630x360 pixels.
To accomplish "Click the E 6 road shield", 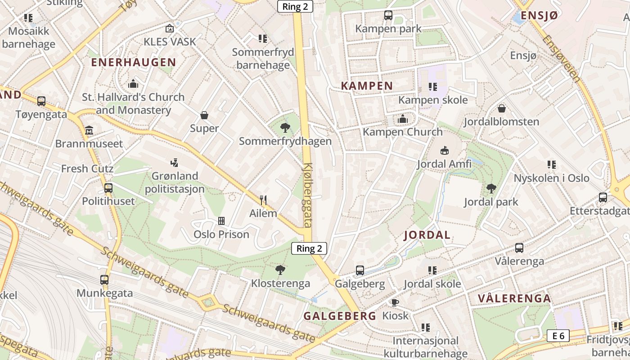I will tap(558, 336).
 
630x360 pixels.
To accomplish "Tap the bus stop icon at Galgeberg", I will tap(360, 270).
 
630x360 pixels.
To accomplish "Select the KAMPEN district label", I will tap(367, 85).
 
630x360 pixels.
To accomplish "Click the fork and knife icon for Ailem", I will tap(263, 200).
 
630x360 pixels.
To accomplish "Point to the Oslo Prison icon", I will tap(221, 221).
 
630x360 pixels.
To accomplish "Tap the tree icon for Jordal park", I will tap(491, 189).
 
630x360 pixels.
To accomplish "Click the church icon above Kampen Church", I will tap(402, 119).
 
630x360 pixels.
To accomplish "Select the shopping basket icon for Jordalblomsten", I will tap(501, 108).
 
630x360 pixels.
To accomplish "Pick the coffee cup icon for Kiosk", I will tap(395, 302).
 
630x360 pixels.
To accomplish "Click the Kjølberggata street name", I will tap(308, 195).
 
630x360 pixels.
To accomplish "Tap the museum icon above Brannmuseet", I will tap(89, 130).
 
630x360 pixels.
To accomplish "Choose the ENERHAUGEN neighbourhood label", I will tap(133, 63).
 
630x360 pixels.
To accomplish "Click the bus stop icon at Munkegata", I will tap(104, 280).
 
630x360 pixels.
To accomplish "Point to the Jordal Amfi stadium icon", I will tap(444, 150).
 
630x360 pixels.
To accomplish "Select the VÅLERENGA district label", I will tap(514, 298).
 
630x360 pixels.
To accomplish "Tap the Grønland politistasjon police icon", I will tap(175, 162).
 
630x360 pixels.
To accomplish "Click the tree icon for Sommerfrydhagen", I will tap(285, 128).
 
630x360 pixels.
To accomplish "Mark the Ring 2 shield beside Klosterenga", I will tap(309, 248).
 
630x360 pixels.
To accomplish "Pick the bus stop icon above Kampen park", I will tap(388, 15).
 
